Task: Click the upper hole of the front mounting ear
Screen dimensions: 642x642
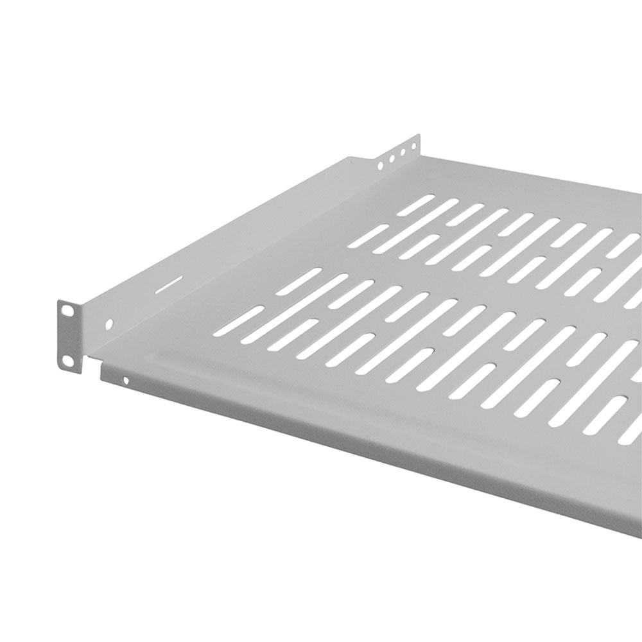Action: pyautogui.click(x=67, y=311)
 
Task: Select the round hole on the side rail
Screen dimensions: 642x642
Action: pyautogui.click(x=108, y=324)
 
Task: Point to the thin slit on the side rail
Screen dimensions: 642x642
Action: pyautogui.click(x=168, y=284)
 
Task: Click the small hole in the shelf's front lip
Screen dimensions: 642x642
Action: pyautogui.click(x=126, y=381)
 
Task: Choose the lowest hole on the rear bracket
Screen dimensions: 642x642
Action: pyautogui.click(x=380, y=166)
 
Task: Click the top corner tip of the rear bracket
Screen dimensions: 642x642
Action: pyautogui.click(x=419, y=135)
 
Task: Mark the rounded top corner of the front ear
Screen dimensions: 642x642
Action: pyautogui.click(x=60, y=303)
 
